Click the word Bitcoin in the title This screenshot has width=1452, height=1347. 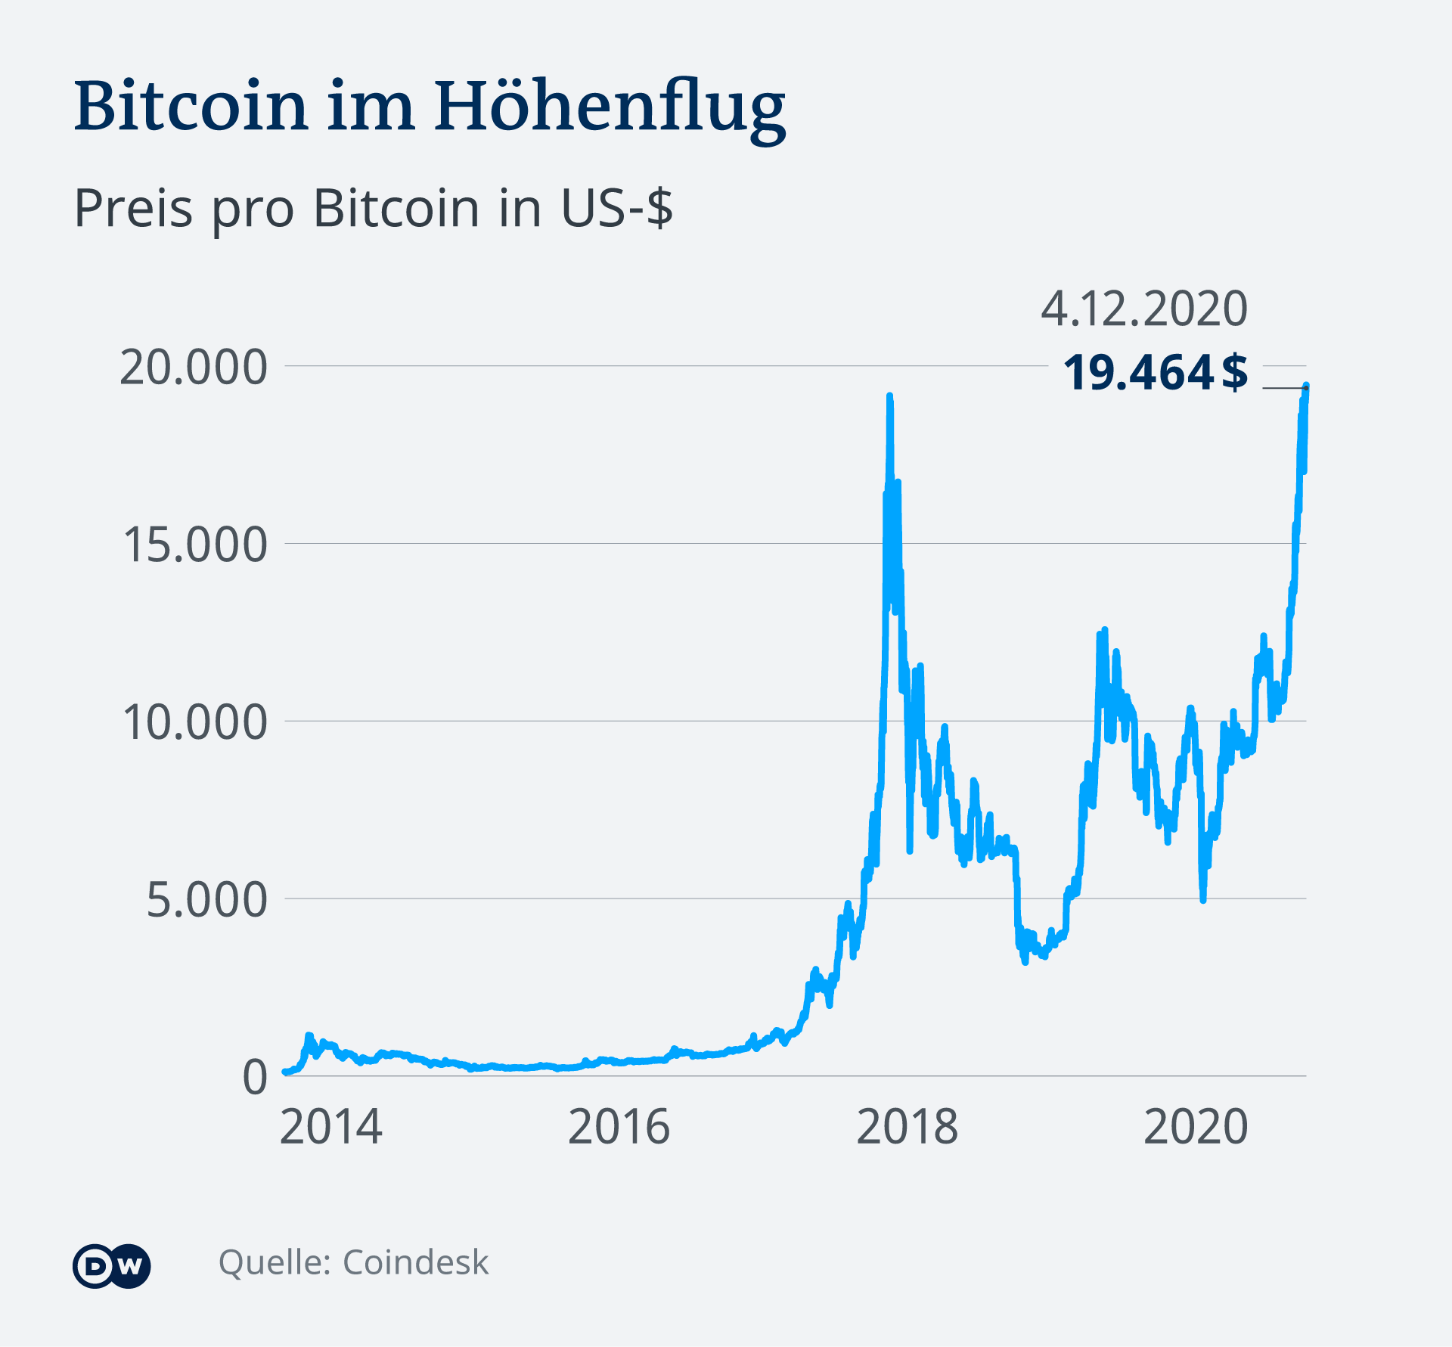click(191, 106)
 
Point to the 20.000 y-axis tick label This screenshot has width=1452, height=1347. click(194, 368)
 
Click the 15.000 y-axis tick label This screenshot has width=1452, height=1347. click(194, 545)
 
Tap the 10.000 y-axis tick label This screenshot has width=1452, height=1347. click(194, 722)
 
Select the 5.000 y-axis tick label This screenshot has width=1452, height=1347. click(206, 899)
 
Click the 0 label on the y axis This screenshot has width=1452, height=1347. click(255, 1077)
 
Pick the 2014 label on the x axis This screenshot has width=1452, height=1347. click(330, 1127)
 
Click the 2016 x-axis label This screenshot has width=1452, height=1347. click(619, 1127)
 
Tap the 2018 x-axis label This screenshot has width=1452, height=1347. click(907, 1127)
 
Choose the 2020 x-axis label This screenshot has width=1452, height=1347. click(1195, 1127)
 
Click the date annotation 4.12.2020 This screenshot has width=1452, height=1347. click(1143, 309)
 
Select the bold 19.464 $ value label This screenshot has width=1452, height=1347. click(1155, 373)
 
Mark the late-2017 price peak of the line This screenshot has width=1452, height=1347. click(889, 396)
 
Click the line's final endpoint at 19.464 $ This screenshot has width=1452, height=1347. click(1306, 386)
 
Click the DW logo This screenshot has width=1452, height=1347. click(111, 1265)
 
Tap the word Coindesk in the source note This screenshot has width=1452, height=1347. click(415, 1262)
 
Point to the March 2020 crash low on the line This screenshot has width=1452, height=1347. click(1202, 899)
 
